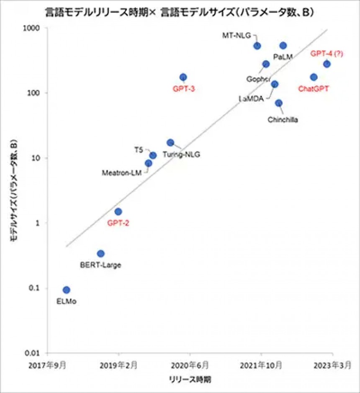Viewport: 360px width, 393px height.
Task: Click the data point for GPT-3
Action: point(183,77)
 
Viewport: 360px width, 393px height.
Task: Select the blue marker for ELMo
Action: point(66,290)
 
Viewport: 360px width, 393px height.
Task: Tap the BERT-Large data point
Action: point(100,253)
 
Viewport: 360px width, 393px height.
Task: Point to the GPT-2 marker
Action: point(118,211)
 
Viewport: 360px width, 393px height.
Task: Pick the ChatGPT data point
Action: point(314,77)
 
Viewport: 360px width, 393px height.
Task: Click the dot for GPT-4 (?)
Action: point(327,64)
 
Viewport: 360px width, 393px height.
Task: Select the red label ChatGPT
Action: point(314,88)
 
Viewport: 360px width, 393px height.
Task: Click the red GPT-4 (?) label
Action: point(327,54)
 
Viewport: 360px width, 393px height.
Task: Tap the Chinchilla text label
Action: point(283,120)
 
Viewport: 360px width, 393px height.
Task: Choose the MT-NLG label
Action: point(237,36)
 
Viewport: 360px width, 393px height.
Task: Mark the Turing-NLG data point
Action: point(170,143)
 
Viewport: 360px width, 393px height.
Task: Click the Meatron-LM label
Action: point(122,172)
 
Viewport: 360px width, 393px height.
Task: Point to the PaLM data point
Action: point(283,46)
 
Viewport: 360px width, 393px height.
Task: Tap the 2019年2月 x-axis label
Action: point(118,365)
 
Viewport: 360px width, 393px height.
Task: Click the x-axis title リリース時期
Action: point(190,380)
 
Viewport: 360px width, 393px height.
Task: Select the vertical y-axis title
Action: point(13,190)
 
